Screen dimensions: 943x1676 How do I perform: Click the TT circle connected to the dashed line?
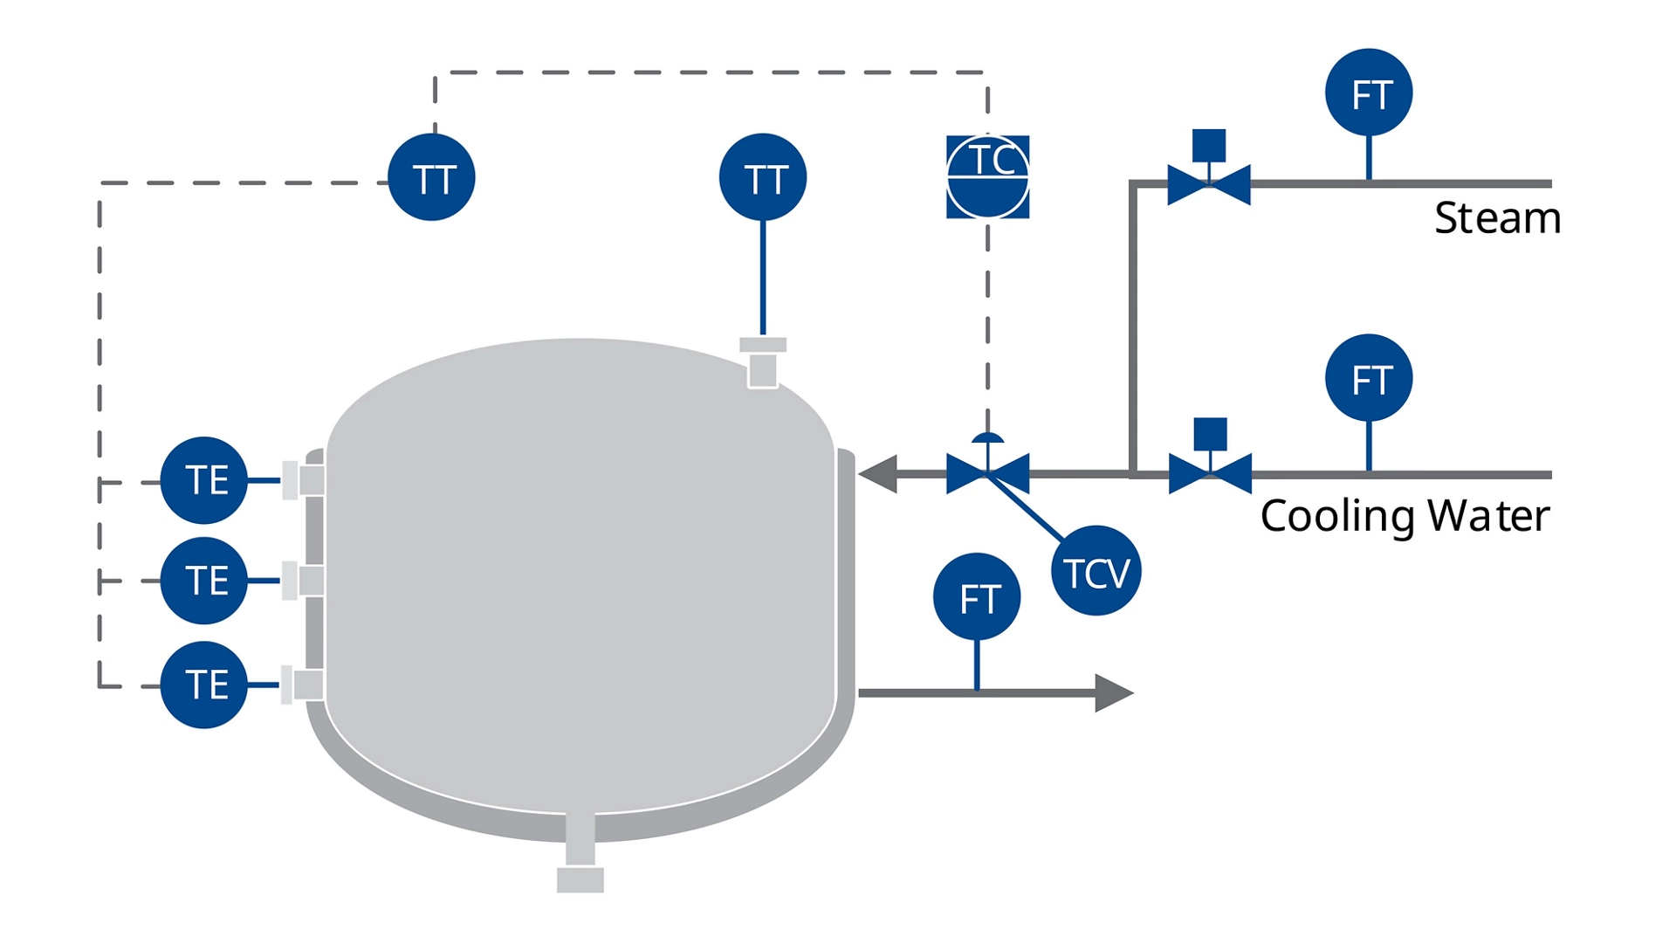[431, 177]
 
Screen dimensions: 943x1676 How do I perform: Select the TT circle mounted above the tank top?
[763, 177]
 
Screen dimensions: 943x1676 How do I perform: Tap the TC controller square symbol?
[987, 176]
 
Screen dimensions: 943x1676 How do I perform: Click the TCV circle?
[1096, 571]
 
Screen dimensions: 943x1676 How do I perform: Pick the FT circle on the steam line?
[1369, 93]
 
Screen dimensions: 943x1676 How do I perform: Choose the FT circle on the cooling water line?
[1369, 378]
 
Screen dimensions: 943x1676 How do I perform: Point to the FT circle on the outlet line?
[977, 597]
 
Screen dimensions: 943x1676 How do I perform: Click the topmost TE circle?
[204, 480]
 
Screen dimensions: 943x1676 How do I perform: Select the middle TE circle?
[204, 581]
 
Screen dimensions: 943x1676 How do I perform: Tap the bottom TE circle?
[204, 685]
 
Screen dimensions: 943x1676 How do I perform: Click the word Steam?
[1497, 218]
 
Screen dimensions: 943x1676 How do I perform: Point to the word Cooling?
[1337, 516]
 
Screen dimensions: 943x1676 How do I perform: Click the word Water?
[1488, 516]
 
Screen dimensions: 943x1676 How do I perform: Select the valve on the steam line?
[1209, 183]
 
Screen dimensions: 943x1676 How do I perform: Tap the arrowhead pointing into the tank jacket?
[878, 474]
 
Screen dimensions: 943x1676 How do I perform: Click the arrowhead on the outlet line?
[1113, 693]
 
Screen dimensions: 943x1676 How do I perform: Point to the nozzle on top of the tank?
[763, 361]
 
